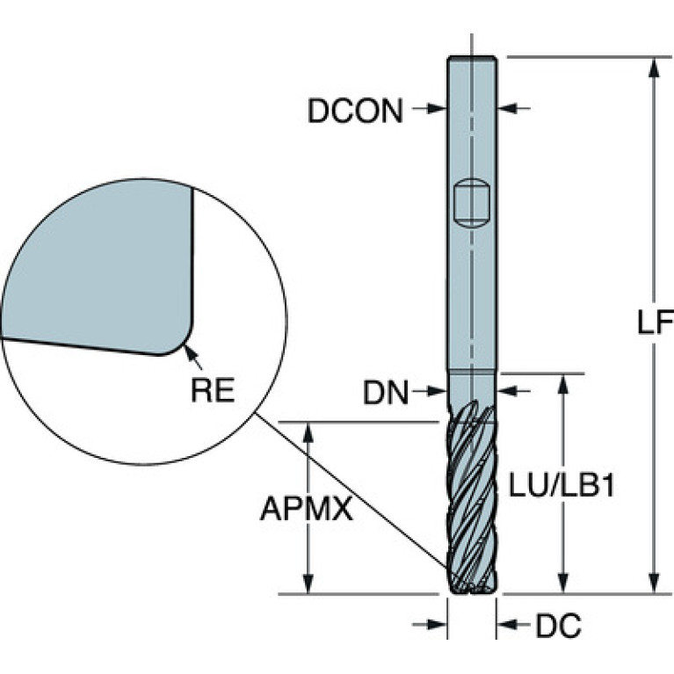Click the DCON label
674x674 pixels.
tap(355, 111)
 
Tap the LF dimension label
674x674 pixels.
tap(653, 323)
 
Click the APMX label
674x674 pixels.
tap(306, 509)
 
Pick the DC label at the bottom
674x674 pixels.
tap(558, 626)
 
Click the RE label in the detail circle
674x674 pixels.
tap(213, 389)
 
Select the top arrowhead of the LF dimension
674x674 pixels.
tap(653, 65)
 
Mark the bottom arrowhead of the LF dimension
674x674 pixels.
tap(653, 584)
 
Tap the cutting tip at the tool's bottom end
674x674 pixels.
tap(472, 586)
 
